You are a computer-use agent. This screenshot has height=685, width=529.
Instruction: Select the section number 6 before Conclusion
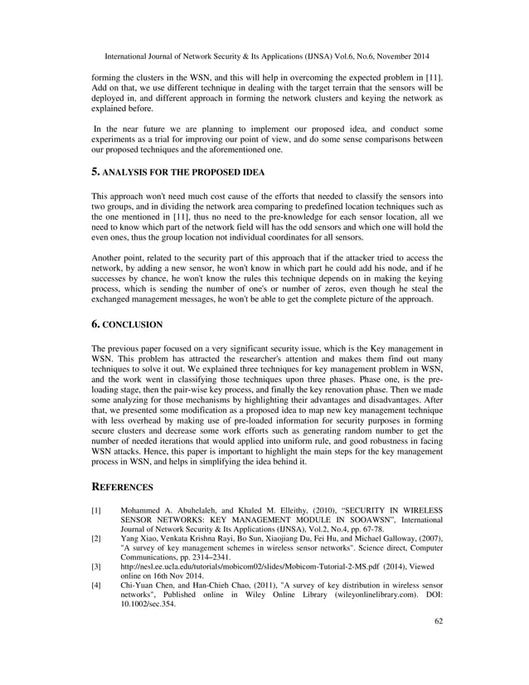[x=94, y=324]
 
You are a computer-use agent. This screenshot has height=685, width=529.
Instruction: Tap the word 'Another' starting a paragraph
[x=107, y=258]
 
